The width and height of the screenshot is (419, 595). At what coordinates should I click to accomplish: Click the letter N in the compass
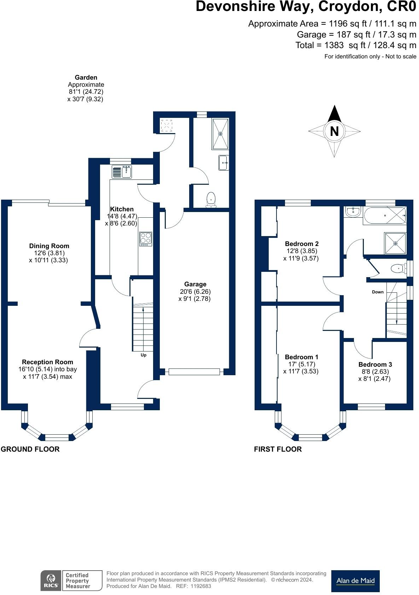(x=334, y=131)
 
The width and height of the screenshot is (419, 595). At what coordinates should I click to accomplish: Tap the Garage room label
(x=195, y=284)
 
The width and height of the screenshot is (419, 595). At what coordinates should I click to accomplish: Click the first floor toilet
(x=398, y=269)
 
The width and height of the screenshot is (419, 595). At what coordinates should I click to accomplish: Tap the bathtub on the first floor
(x=385, y=216)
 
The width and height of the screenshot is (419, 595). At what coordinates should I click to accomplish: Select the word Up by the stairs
(x=143, y=355)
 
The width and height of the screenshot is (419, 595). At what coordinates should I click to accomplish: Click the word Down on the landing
(x=378, y=292)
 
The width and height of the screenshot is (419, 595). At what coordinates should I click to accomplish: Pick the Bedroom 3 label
(x=375, y=365)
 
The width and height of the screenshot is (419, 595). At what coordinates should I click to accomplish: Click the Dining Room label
(x=49, y=246)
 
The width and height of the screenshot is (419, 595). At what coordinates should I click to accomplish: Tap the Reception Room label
(x=47, y=362)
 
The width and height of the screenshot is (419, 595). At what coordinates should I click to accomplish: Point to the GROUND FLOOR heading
(x=30, y=449)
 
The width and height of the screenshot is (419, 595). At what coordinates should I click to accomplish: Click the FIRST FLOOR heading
(x=278, y=449)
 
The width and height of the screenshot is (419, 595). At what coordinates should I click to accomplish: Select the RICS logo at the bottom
(x=51, y=580)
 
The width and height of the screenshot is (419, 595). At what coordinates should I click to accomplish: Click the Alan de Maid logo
(x=355, y=581)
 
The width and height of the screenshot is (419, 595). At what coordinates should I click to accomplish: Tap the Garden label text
(x=86, y=78)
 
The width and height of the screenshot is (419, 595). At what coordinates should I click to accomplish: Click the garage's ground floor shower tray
(x=220, y=134)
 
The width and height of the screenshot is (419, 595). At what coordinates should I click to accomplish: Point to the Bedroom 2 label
(x=302, y=244)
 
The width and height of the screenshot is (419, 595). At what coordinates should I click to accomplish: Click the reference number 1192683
(x=201, y=586)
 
